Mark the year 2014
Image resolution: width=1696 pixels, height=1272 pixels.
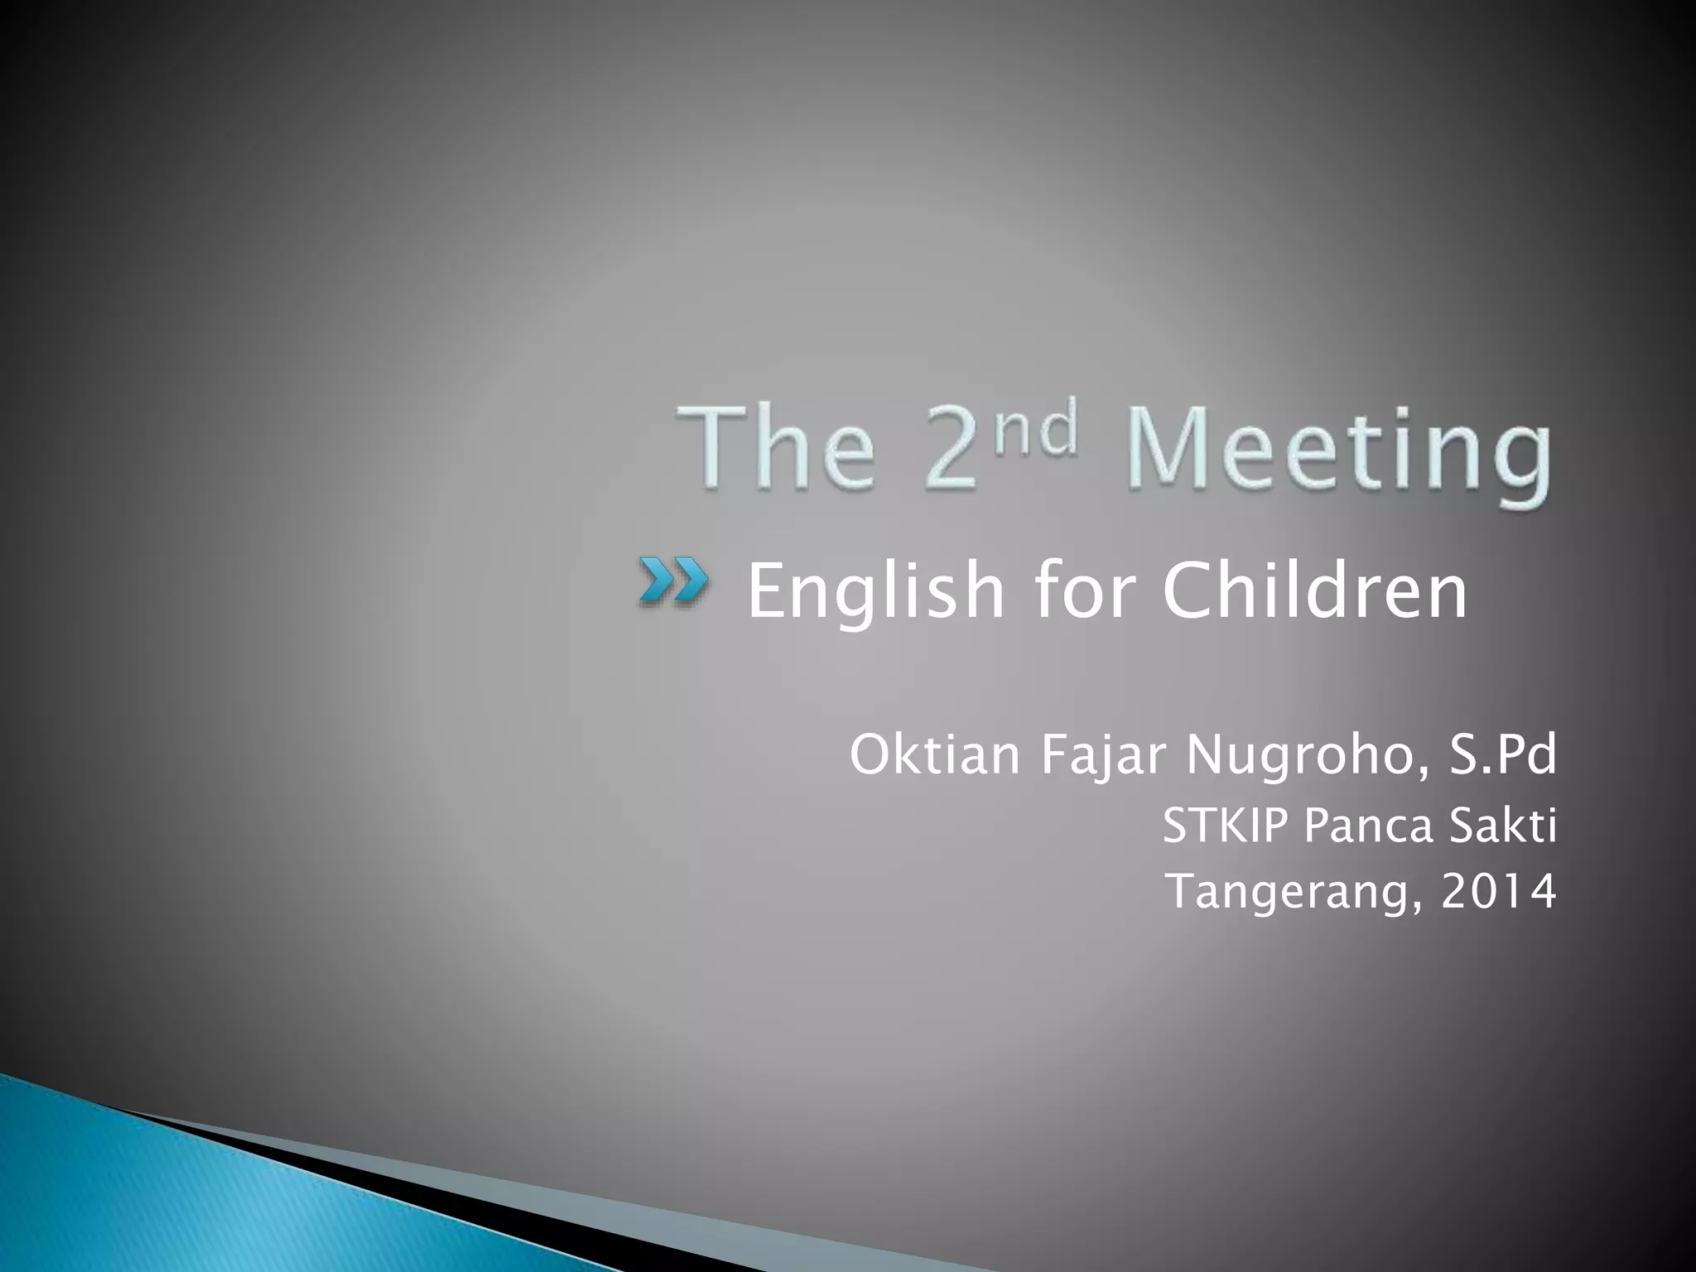pos(1498,891)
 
